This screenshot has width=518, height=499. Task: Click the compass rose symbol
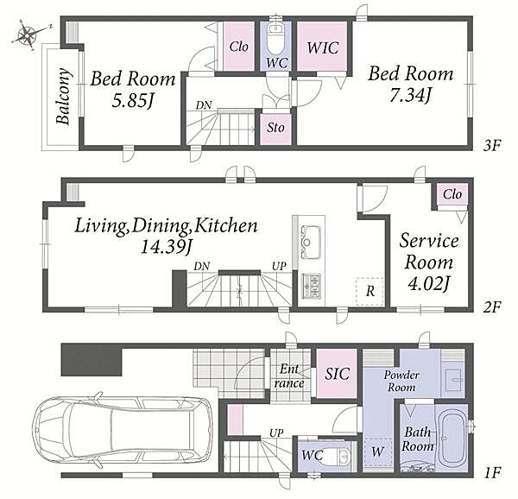click(x=28, y=35)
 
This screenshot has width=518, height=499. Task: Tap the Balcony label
click(x=63, y=97)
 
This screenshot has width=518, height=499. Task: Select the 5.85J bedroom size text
click(x=132, y=101)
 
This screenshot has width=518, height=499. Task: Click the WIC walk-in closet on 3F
click(x=322, y=46)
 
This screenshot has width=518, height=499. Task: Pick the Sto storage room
click(x=275, y=129)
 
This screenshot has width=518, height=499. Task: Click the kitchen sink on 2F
click(x=310, y=243)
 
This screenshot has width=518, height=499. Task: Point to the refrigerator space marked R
click(x=370, y=291)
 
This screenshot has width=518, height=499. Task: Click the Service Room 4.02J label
click(x=429, y=262)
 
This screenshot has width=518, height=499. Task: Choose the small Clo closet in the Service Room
click(x=452, y=194)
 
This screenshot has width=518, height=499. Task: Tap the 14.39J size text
click(x=166, y=247)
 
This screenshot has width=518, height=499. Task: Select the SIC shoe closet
click(x=337, y=374)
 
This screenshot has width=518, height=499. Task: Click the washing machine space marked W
click(x=377, y=452)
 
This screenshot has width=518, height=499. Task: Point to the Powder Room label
click(x=401, y=381)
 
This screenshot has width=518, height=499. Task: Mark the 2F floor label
click(x=492, y=307)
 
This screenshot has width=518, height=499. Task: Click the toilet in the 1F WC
click(x=341, y=457)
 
